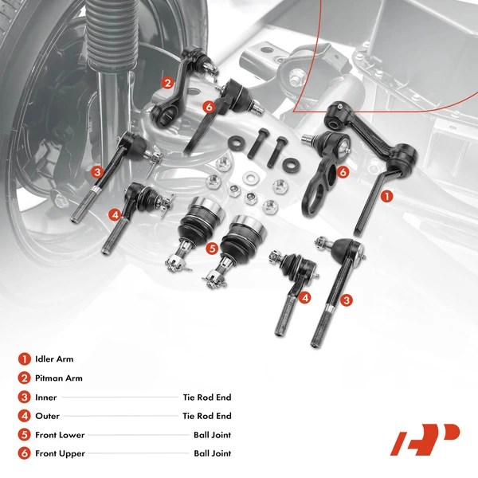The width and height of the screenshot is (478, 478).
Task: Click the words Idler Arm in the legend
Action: click(x=54, y=359)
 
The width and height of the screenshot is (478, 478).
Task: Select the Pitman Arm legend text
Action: click(x=59, y=378)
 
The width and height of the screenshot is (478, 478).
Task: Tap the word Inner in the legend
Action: click(x=47, y=397)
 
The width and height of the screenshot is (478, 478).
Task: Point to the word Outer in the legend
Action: click(x=48, y=416)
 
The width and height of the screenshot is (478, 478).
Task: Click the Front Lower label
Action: click(x=60, y=435)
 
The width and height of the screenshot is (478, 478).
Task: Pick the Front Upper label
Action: click(x=60, y=453)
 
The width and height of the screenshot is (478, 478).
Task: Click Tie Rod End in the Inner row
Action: click(x=206, y=397)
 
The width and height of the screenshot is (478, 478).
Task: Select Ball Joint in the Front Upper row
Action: click(x=212, y=453)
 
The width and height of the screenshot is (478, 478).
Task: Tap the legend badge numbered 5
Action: click(x=25, y=435)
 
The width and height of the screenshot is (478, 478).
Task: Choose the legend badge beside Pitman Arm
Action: click(x=25, y=378)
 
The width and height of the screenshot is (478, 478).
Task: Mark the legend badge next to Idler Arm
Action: click(x=25, y=359)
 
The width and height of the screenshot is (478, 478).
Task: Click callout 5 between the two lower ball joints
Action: click(x=211, y=248)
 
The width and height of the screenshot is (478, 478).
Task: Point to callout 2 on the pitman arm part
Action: click(x=167, y=82)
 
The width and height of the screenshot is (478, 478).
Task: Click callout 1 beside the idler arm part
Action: click(x=387, y=194)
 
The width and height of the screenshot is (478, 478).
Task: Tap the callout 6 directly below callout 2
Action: click(x=208, y=107)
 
